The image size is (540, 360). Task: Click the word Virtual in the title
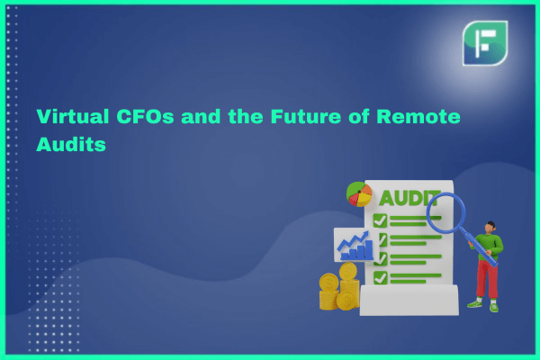coord(73,116)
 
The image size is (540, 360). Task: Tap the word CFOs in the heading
coord(145,116)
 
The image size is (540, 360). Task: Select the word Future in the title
coord(306,116)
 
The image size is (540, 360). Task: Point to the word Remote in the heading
coord(418,116)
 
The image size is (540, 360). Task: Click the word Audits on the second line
coord(71,144)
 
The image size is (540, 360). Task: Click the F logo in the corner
coord(485,43)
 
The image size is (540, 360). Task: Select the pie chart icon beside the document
coord(359,194)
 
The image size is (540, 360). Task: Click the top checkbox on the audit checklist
coord(380,220)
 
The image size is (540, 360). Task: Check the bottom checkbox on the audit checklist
coord(380,278)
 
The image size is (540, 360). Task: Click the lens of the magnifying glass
coord(445,213)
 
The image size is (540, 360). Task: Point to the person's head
coord(490,228)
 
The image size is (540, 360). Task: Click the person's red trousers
coord(487,279)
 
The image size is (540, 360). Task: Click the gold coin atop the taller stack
coord(348,271)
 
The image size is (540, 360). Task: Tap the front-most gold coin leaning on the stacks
coord(347,301)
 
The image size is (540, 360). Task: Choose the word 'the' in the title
coord(245,116)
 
